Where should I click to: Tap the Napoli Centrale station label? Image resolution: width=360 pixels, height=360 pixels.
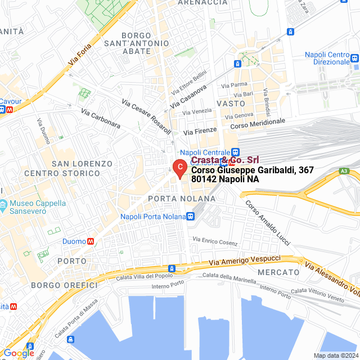tap(205, 152)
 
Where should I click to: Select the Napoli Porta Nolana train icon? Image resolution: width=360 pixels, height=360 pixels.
tap(191, 217)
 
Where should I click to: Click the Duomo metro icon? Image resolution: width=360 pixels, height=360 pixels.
tap(91, 241)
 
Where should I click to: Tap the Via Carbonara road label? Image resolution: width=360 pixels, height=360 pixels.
tap(101, 119)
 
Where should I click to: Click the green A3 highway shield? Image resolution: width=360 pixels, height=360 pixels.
tap(344, 171)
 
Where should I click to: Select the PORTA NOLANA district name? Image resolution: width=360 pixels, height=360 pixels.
tap(182, 199)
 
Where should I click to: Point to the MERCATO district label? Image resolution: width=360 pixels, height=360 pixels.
tap(278, 272)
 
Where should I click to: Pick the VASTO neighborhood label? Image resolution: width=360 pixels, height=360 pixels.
tap(231, 103)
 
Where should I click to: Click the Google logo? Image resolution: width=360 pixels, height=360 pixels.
tap(19, 353)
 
